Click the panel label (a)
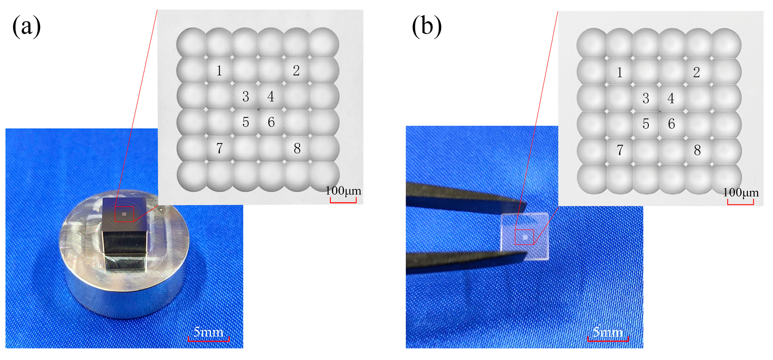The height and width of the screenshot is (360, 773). pyautogui.click(x=26, y=26)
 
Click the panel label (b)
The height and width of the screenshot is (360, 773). pyautogui.click(x=427, y=26)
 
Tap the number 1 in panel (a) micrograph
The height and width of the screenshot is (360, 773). pyautogui.click(x=219, y=71)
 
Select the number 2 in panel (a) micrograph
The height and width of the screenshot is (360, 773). pyautogui.click(x=296, y=70)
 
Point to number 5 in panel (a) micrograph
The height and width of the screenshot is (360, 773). pyautogui.click(x=245, y=122)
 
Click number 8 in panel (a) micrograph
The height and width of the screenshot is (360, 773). pyautogui.click(x=297, y=149)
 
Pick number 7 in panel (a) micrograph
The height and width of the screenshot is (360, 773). pyautogui.click(x=219, y=148)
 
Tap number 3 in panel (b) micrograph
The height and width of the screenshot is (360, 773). pyautogui.click(x=646, y=99)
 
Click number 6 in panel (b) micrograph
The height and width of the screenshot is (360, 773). pyautogui.click(x=671, y=124)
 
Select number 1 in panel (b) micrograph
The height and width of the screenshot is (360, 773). pyautogui.click(x=620, y=72)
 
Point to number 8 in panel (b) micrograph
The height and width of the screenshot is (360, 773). pyautogui.click(x=697, y=150)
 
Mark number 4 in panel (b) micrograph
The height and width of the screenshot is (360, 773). pyautogui.click(x=671, y=98)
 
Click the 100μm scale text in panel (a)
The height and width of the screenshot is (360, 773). pyautogui.click(x=343, y=191)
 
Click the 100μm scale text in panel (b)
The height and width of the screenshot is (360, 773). pyautogui.click(x=741, y=193)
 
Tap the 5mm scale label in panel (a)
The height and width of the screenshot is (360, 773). pyautogui.click(x=208, y=332)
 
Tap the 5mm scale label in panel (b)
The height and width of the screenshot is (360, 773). pyautogui.click(x=608, y=332)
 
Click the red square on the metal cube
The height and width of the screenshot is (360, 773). pyautogui.click(x=124, y=214)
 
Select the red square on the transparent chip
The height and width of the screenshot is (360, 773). pyautogui.click(x=525, y=237)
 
